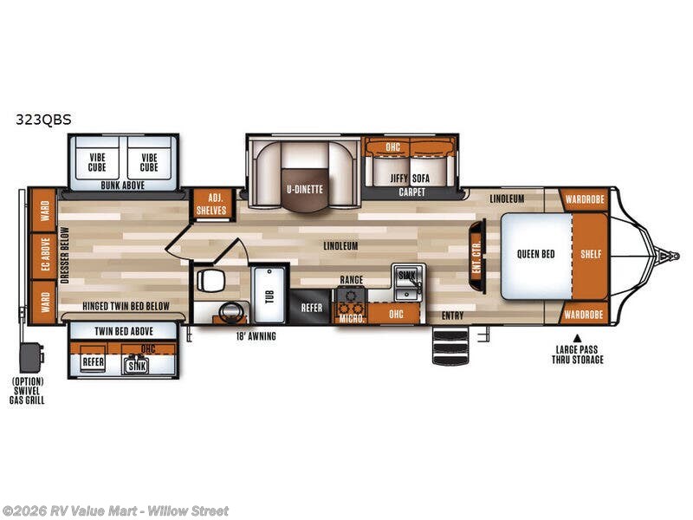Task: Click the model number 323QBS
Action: click(43, 120)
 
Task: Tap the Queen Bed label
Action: click(535, 254)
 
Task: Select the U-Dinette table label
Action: click(305, 190)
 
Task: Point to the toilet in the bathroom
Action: click(211, 280)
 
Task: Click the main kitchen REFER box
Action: click(311, 308)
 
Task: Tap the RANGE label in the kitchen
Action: click(352, 280)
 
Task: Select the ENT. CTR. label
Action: click(476, 256)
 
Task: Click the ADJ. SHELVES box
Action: click(211, 205)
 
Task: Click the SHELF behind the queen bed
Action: click(591, 255)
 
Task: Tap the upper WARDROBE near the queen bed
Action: click(584, 199)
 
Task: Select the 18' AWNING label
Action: click(256, 336)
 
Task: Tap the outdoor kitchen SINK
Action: click(137, 364)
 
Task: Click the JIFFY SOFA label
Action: click(410, 179)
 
